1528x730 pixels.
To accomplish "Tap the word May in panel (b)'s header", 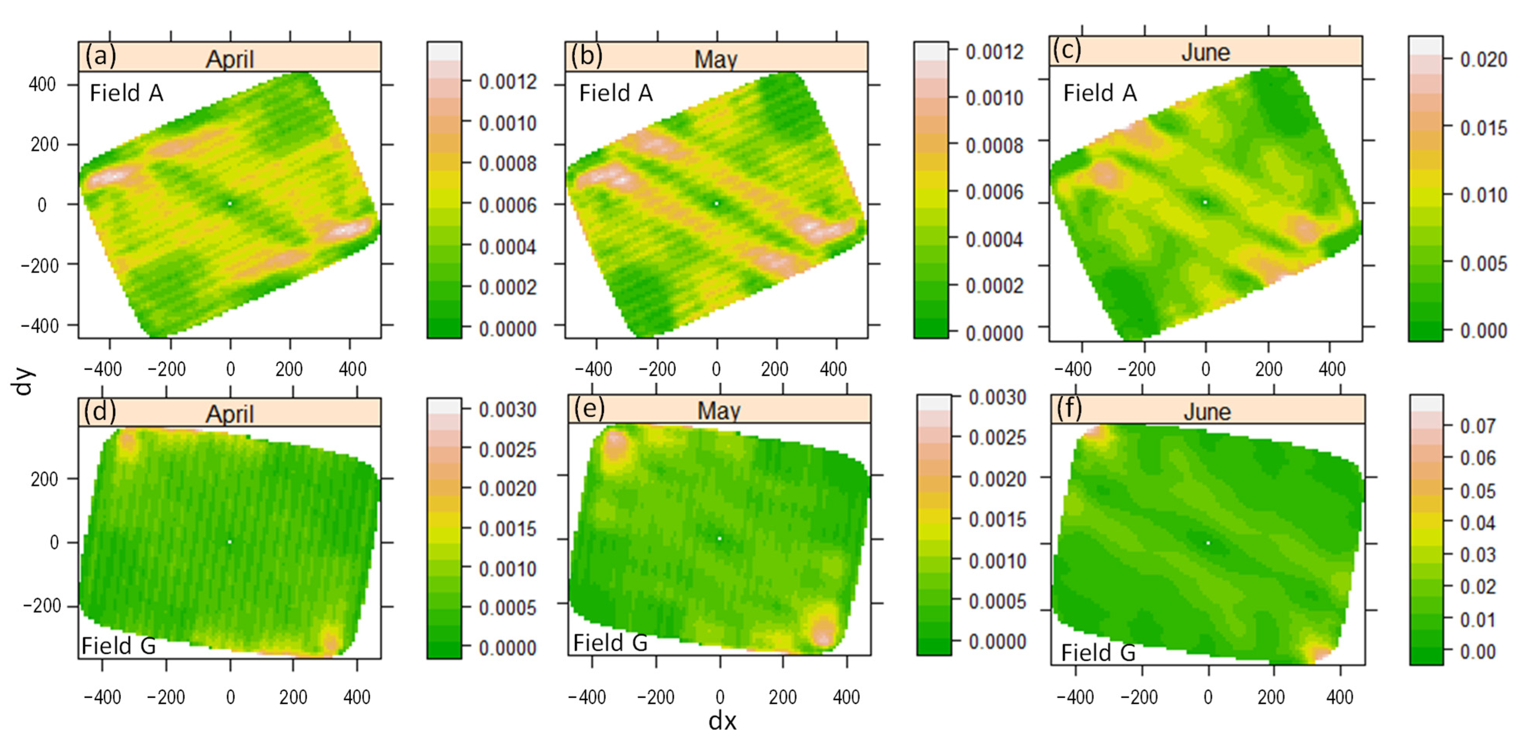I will (x=716, y=59).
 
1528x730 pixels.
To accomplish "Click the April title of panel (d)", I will (x=230, y=413).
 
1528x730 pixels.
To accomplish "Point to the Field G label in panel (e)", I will (x=610, y=643).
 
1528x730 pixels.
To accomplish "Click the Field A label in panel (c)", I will (x=1100, y=93).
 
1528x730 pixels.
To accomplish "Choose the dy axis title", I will (x=24, y=382).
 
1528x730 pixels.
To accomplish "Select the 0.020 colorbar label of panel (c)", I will (x=1483, y=59).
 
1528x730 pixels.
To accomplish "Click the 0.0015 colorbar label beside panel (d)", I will (x=508, y=528).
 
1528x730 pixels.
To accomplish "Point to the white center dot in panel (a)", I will (x=230, y=203).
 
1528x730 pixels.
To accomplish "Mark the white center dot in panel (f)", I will (x=1208, y=543).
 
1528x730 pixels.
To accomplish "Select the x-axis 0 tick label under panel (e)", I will (x=720, y=697).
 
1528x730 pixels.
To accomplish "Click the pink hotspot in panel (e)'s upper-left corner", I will (x=615, y=444).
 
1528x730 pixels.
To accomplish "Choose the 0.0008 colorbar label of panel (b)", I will (x=994, y=145).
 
